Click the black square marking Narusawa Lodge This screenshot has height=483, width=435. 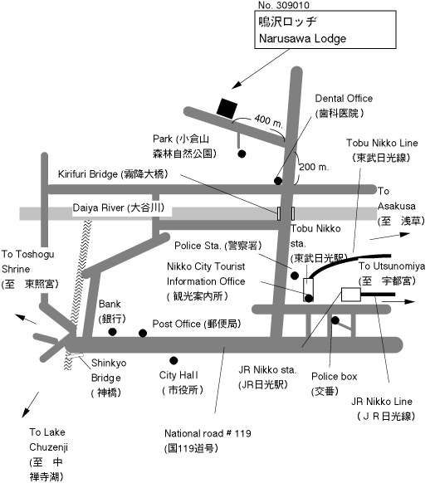tap(227, 109)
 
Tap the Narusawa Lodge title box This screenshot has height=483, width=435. tap(325, 30)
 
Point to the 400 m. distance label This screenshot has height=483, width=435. tap(268, 120)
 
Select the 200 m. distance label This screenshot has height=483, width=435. tap(314, 167)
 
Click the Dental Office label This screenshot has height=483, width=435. tap(344, 106)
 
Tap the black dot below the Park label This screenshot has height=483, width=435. tap(242, 154)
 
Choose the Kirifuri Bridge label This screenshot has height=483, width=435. tap(113, 174)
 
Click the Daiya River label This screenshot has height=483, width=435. tap(119, 207)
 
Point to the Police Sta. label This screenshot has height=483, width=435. tap(217, 246)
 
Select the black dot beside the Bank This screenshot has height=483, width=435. tap(112, 332)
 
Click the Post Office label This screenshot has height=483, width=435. tap(197, 324)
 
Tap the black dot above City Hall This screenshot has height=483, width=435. tap(174, 360)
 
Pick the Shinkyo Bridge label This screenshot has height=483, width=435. tap(109, 378)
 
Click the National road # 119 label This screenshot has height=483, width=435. tap(208, 441)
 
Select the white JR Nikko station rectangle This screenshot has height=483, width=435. tap(351, 295)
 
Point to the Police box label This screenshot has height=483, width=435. tap(334, 383)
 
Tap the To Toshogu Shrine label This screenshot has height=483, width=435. tap(30, 269)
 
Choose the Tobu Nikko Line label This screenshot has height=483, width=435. tap(382, 150)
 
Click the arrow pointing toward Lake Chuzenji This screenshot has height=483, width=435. tap(31, 404)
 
